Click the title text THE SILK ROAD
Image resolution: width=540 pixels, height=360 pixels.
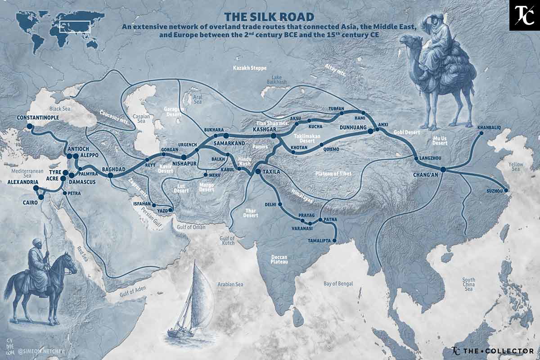point(270,17)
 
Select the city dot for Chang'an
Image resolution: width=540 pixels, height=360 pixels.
point(443,169)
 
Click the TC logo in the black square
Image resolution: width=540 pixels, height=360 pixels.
point(524,15)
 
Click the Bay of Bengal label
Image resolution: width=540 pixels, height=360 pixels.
point(338,284)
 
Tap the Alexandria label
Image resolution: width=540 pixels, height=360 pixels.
point(22,182)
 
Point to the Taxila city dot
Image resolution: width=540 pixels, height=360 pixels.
point(258,171)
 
